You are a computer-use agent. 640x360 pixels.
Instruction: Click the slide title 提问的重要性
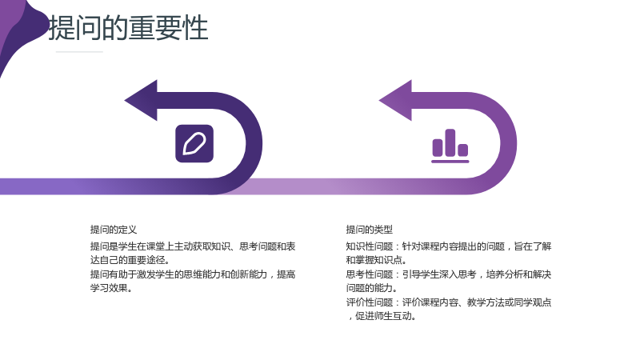(x=129, y=28)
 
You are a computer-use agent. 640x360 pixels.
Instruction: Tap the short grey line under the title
(x=79, y=52)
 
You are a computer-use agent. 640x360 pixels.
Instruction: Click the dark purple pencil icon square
(x=194, y=144)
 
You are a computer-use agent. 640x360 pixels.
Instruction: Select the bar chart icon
(x=450, y=146)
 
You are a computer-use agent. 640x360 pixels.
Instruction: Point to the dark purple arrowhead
(x=142, y=101)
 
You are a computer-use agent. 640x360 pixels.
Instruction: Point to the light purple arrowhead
(x=396, y=101)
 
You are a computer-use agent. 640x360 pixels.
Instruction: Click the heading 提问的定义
(x=114, y=230)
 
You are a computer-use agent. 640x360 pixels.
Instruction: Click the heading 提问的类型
(x=370, y=230)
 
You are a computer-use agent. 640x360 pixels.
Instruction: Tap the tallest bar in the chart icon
(x=450, y=142)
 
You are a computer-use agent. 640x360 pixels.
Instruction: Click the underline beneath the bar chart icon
(x=450, y=162)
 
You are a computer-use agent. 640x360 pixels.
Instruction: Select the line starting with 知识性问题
(x=449, y=246)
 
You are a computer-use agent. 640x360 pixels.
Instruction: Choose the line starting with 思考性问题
(x=449, y=274)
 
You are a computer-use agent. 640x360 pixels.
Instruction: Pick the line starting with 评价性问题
(x=449, y=302)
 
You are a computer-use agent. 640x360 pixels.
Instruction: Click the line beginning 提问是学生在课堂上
(x=193, y=246)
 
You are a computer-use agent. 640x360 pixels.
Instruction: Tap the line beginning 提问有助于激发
(x=193, y=274)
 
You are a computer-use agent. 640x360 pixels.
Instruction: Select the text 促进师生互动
(x=383, y=316)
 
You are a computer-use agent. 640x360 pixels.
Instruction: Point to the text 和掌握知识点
(x=374, y=260)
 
